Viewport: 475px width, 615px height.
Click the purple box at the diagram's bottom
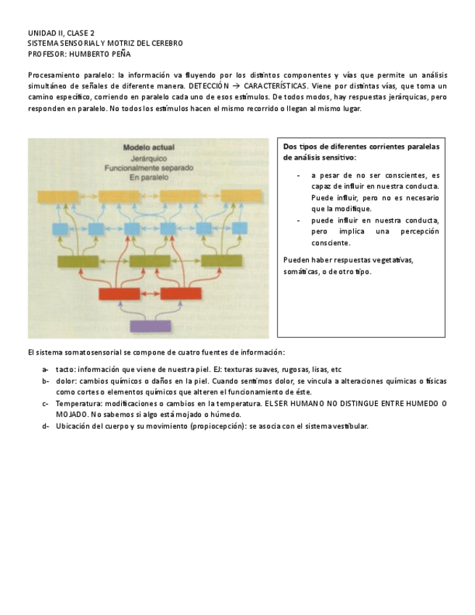click(x=150, y=326)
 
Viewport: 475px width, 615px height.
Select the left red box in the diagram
click(x=120, y=294)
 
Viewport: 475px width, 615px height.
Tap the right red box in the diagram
click(x=181, y=294)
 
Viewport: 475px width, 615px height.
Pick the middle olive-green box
click(x=149, y=261)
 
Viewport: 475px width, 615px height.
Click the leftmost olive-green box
click(x=78, y=261)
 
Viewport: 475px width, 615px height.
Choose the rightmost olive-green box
click(x=221, y=261)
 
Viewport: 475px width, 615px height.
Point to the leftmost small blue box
click(x=59, y=229)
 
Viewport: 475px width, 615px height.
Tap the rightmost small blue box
click(x=240, y=229)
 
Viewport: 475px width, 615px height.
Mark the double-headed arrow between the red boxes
click(x=150, y=294)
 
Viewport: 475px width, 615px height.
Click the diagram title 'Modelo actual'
click(x=149, y=146)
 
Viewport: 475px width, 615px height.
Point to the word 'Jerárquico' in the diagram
click(x=149, y=156)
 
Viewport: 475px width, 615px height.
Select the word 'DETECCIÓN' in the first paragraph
click(x=209, y=86)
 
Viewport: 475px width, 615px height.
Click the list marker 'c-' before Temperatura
click(x=46, y=403)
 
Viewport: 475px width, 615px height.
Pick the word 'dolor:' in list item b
click(x=67, y=381)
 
